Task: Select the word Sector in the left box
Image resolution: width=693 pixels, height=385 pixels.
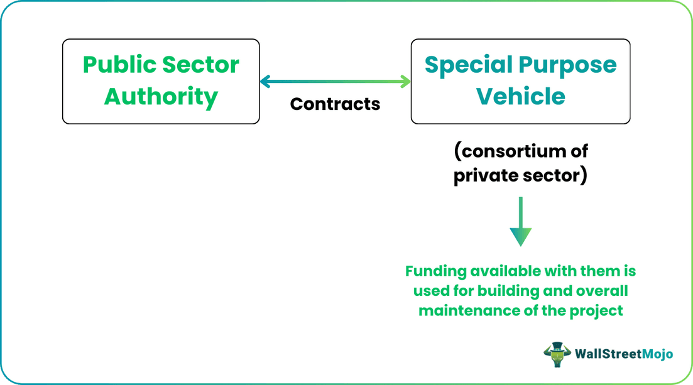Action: point(200,65)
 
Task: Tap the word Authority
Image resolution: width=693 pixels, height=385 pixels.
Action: point(161,97)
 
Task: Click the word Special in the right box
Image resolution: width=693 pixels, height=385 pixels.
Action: point(469,65)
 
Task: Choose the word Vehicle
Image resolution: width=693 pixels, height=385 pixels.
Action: point(521,96)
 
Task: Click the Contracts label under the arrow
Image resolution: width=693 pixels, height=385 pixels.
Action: point(335,104)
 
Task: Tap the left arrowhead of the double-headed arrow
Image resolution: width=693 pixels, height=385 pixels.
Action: point(265,81)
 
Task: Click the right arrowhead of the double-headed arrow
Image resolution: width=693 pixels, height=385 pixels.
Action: point(405,81)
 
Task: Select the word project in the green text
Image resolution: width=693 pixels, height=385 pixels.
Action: point(596,311)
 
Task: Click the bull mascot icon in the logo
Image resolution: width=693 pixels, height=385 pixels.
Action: point(557,354)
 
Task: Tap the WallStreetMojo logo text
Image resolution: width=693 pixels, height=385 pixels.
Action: point(624,354)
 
